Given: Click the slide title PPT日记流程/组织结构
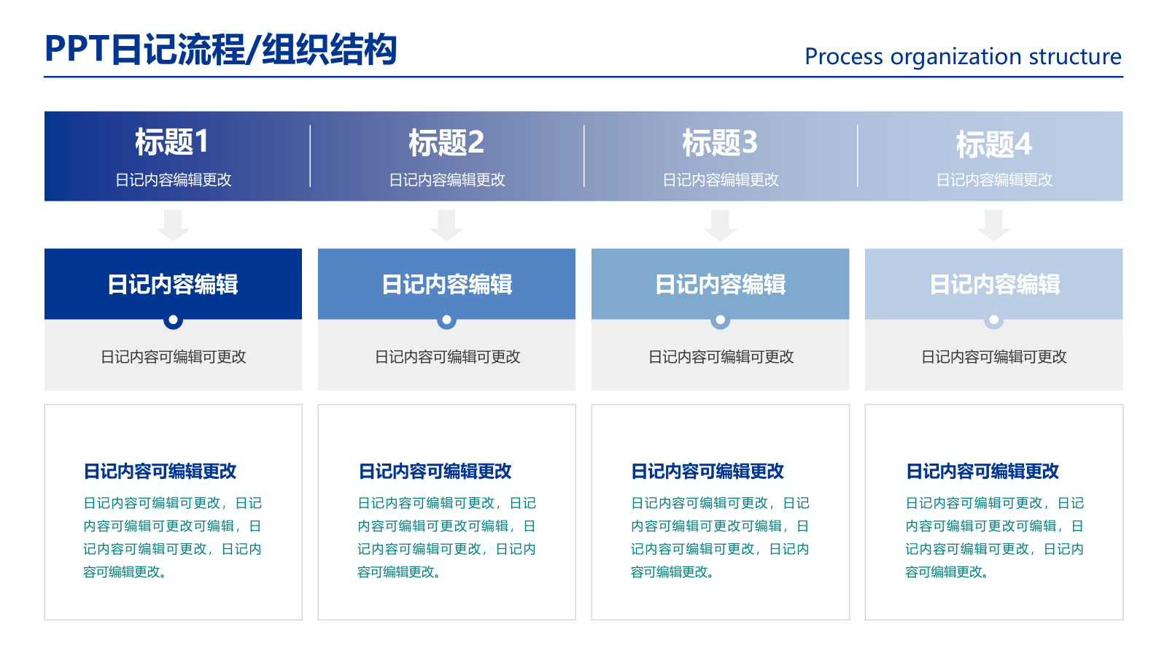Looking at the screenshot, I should pos(220,50).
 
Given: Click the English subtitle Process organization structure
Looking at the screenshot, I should pos(963,56).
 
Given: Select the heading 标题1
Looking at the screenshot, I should pos(172,142).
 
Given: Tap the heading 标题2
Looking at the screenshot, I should pos(446,143).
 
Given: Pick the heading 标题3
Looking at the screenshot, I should pos(720,143).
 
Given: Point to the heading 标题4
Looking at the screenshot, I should pos(994,145).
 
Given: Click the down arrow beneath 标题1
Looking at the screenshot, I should pos(173,225).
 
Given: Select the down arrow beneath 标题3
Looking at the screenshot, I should pos(720,225).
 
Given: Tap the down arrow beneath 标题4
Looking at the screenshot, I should pos(994,225).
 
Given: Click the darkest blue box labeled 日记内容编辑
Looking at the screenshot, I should pos(173,283).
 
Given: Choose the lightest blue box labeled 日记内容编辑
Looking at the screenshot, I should pos(994,283).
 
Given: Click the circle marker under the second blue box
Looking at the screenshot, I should pos(446,320).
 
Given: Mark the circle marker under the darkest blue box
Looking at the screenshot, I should pos(173,320).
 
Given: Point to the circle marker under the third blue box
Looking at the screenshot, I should pos(720,320).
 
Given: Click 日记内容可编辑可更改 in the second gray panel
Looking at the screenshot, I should pos(447,357).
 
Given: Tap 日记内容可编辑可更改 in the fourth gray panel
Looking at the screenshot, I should pos(994,357).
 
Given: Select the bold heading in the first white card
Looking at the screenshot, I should pos(160,472).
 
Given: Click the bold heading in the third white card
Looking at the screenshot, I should pos(707,472).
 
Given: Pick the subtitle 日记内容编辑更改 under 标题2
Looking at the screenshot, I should pos(446,180).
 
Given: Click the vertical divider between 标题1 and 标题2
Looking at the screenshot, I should pos(310,155).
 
